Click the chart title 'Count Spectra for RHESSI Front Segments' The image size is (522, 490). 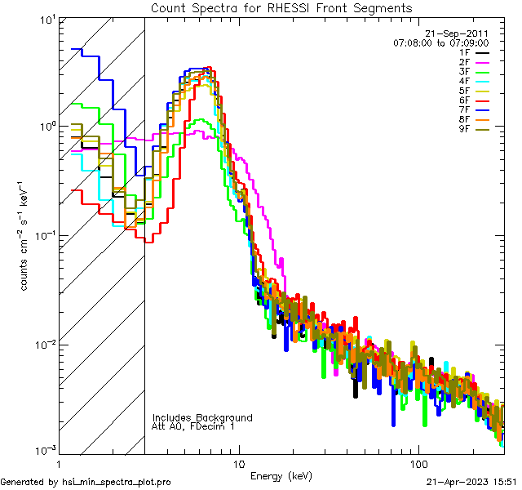281,7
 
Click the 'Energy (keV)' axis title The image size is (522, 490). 281,475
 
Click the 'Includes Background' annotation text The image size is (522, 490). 202,417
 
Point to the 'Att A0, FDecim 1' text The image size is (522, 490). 193,426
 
